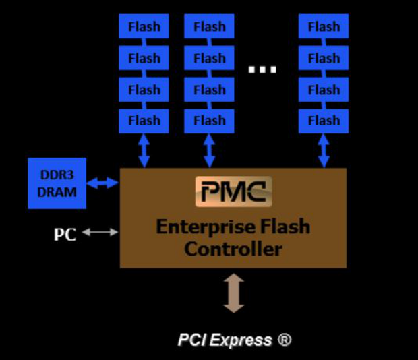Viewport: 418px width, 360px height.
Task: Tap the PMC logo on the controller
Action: coord(233,191)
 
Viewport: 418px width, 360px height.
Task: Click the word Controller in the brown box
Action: coord(233,249)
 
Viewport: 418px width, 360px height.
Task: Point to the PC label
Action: coord(65,235)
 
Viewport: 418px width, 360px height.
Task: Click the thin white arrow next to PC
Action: coord(100,232)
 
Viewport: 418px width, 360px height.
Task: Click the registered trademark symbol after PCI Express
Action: coord(285,340)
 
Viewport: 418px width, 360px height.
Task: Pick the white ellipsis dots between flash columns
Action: coord(262,69)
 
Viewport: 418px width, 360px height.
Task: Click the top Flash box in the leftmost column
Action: coord(144,27)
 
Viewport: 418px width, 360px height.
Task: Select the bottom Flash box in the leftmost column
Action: coord(144,121)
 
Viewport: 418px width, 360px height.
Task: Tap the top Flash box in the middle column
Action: coord(209,27)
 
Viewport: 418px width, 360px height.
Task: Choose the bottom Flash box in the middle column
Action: coord(209,121)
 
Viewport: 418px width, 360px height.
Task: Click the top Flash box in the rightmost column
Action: coord(324,27)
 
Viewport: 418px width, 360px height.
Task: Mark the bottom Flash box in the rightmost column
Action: coord(324,121)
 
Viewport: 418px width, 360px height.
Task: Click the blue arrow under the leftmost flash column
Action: coord(144,150)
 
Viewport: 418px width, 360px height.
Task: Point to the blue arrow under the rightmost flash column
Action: coord(324,150)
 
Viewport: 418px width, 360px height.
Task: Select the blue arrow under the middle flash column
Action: coord(209,150)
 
